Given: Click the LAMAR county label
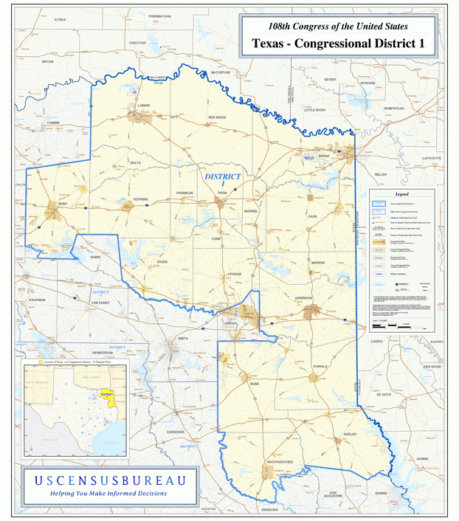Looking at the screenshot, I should (143, 106).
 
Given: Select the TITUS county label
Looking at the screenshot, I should (222, 192).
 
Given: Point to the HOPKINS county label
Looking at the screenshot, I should (140, 199).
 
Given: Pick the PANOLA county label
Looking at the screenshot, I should (320, 366).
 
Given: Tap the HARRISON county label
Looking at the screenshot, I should (304, 297).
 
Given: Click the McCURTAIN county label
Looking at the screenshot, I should (221, 73).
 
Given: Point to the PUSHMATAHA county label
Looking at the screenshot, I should (159, 15).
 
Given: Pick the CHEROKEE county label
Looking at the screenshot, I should (175, 432).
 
